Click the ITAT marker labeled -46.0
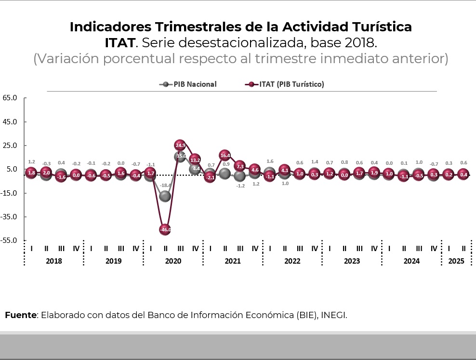tap(165, 229)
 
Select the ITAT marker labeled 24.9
tap(180, 145)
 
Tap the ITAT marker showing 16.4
tap(225, 155)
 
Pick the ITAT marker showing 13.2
tap(195, 160)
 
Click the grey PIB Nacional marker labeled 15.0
tap(181, 157)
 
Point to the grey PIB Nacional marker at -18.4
tap(165, 196)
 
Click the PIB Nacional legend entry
tap(188, 84)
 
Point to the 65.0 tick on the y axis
tap(10, 98)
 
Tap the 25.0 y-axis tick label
tap(10, 146)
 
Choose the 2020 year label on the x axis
tap(173, 261)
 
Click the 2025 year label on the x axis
tap(456, 261)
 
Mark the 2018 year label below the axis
tap(53, 261)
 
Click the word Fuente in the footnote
tap(21, 315)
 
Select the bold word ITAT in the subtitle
tap(119, 42)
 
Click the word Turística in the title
tap(381, 27)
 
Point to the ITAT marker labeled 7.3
tap(240, 166)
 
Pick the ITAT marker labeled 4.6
tap(255, 170)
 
